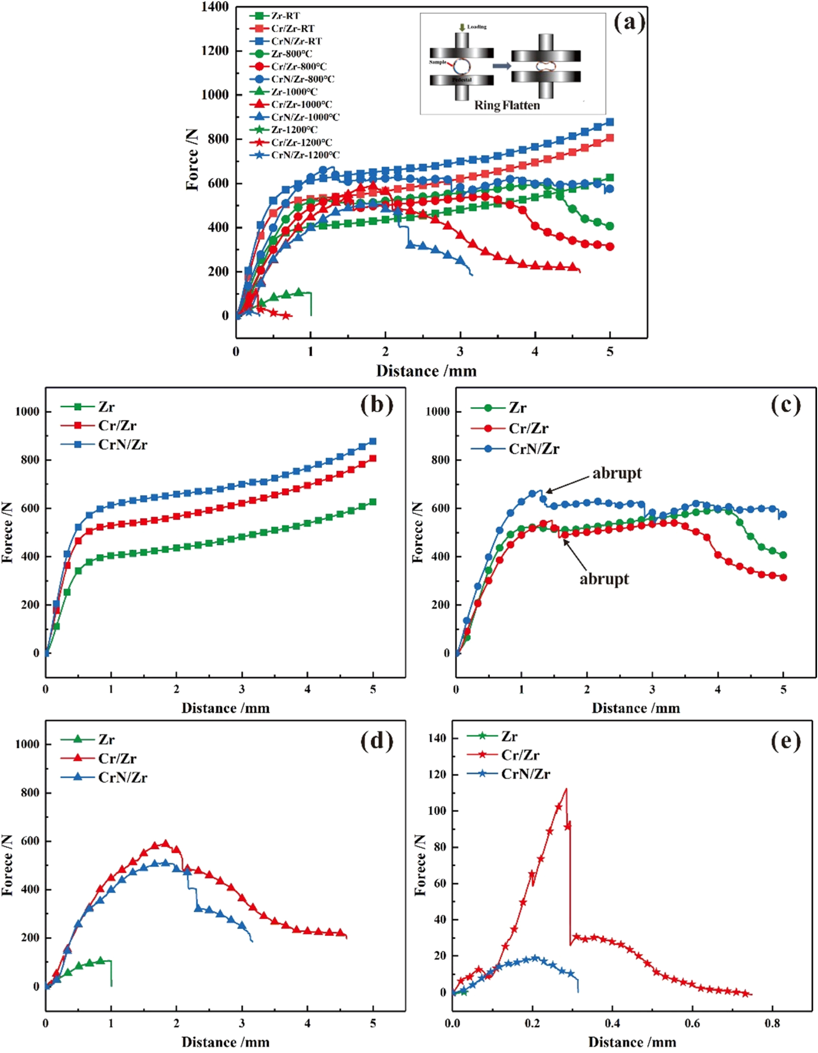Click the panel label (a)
click(629, 22)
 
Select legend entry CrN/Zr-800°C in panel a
click(302, 79)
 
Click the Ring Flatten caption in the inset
click(507, 105)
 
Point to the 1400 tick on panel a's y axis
click(215, 7)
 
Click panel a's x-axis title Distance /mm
click(426, 371)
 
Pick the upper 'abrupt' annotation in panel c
click(617, 473)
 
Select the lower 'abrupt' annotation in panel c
click(604, 578)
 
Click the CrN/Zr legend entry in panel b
click(122, 444)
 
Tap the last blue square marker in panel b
click(372, 441)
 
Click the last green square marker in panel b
click(372, 502)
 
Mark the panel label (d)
click(377, 741)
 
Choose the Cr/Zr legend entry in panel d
click(117, 758)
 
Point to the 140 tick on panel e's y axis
click(437, 738)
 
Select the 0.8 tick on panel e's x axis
click(772, 1023)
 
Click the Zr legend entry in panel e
click(509, 736)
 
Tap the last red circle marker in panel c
click(783, 577)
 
